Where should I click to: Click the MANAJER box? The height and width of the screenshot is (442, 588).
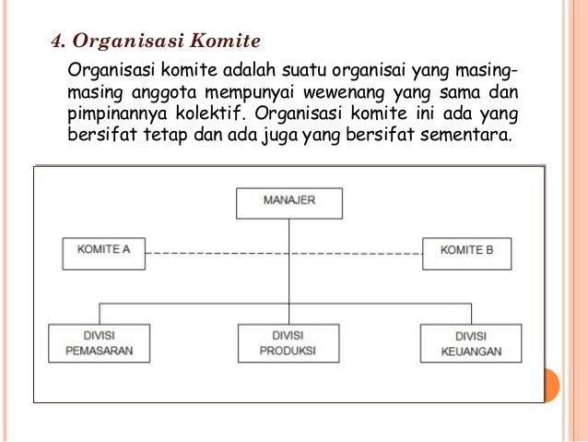point(288,202)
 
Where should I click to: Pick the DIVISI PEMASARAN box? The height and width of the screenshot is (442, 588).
point(100,342)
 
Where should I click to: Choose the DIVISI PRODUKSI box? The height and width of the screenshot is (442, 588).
point(288,342)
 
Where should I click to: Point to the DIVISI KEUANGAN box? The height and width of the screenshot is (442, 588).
point(471,343)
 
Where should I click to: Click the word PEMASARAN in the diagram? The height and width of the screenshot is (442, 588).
point(100,351)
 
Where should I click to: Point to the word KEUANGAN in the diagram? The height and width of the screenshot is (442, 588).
point(471,352)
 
